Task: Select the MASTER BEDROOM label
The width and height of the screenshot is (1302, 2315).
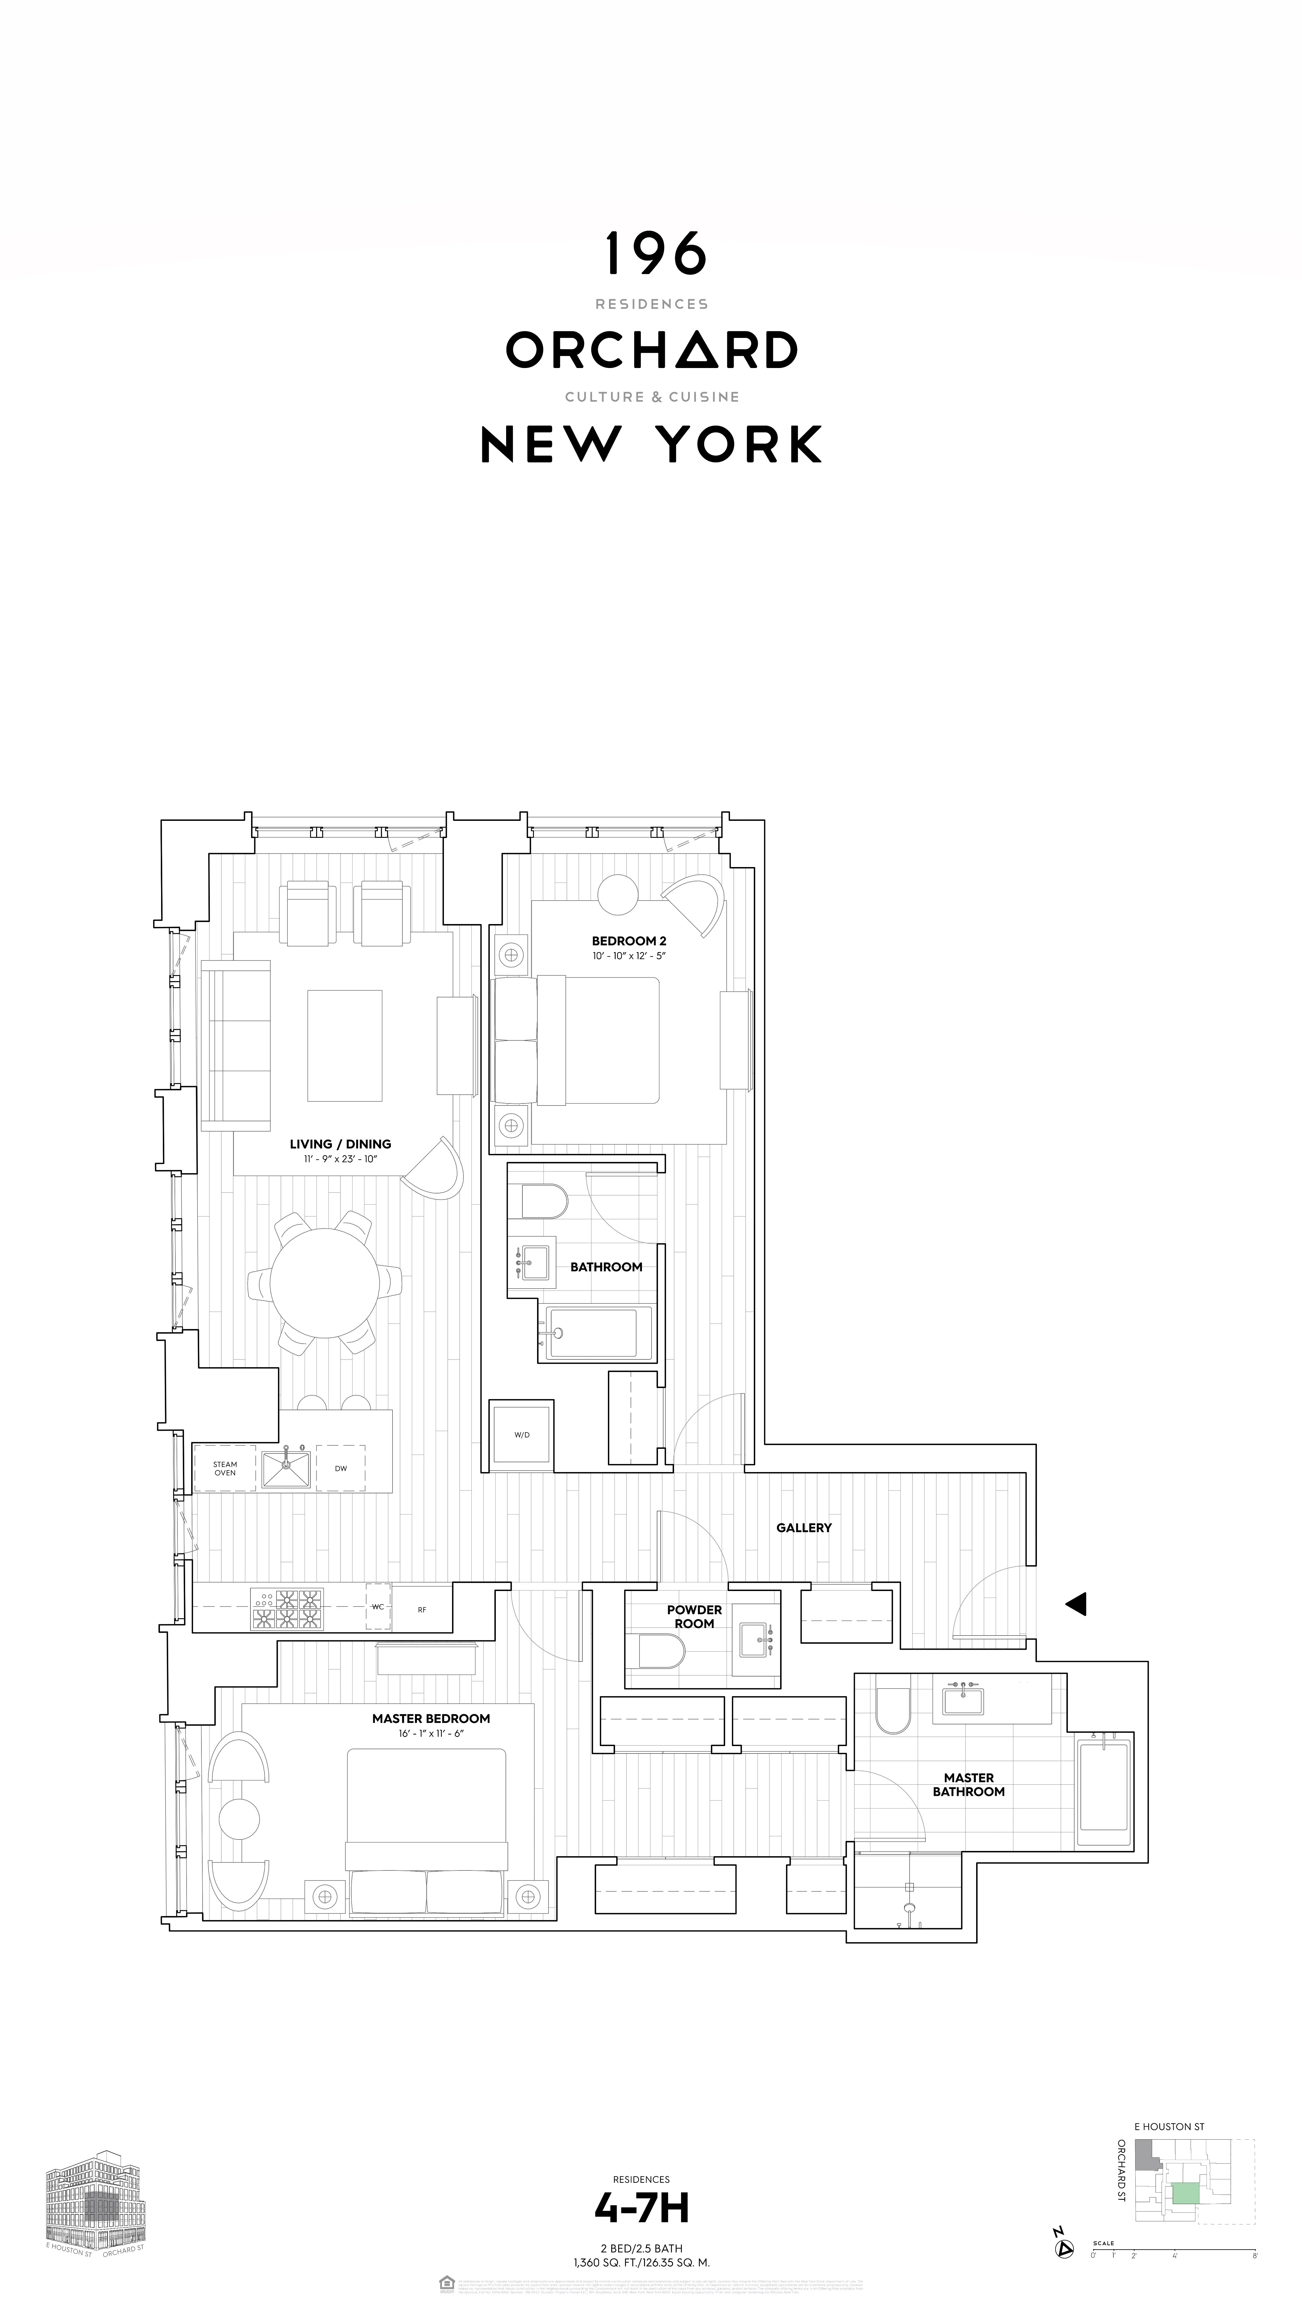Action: [431, 1718]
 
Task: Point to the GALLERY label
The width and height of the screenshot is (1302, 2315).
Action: [804, 1528]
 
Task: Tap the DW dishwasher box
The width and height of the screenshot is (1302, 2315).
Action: [340, 1468]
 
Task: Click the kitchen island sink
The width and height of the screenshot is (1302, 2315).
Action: [286, 1468]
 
